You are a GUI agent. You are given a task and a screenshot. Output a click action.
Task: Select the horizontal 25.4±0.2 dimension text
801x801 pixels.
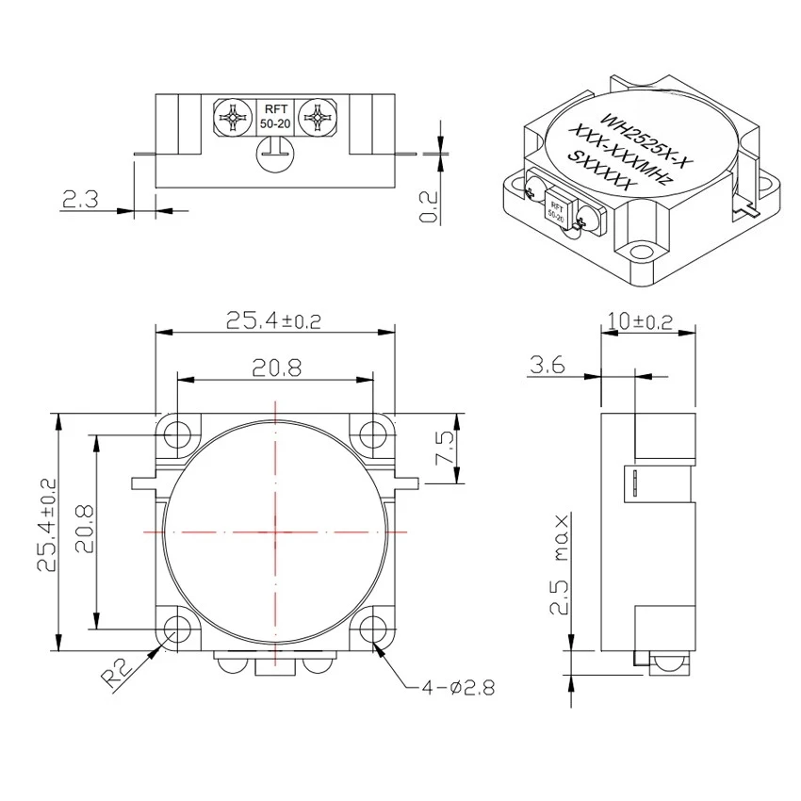(x=273, y=320)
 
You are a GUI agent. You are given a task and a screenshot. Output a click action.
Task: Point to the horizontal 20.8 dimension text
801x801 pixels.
(x=276, y=368)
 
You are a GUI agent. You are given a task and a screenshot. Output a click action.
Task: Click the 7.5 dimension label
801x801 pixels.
(x=446, y=450)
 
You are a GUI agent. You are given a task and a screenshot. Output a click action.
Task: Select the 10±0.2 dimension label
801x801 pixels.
(x=641, y=320)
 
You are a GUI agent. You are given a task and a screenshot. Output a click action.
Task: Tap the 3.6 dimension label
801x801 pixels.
(x=547, y=365)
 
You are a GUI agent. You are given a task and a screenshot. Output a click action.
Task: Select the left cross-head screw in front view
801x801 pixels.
(x=232, y=119)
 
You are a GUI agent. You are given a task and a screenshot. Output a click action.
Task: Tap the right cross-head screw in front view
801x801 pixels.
(x=316, y=119)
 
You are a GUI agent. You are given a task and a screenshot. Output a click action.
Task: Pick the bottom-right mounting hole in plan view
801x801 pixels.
(x=374, y=629)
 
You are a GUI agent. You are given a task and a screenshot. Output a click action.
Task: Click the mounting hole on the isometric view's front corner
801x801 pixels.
(x=642, y=253)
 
